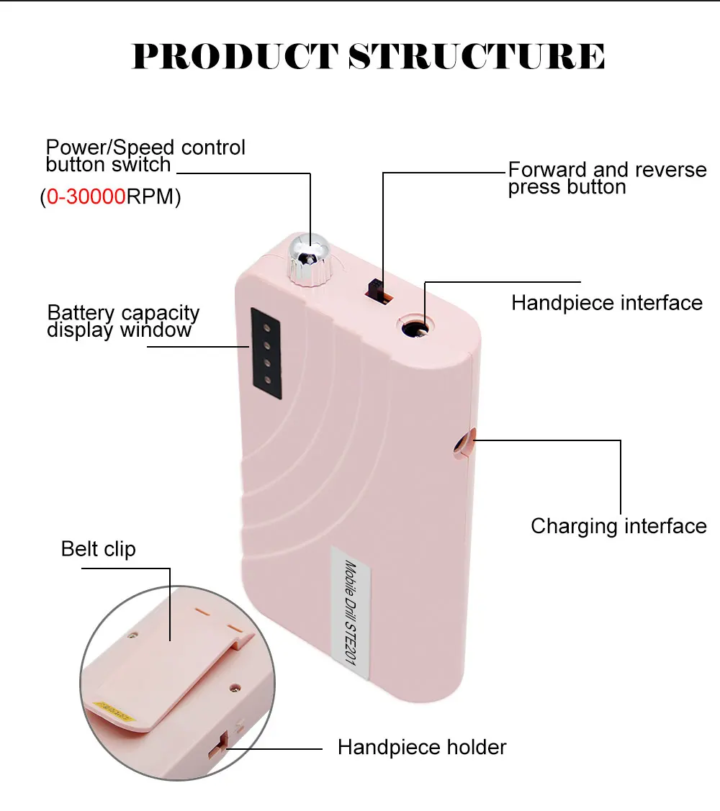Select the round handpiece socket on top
(417, 329)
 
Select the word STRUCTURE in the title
(477, 56)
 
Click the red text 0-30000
(86, 197)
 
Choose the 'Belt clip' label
(98, 549)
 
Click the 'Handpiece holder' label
(422, 747)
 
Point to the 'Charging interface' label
(618, 526)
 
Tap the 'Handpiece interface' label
(606, 303)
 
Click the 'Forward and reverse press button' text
(607, 178)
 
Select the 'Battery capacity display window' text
(123, 322)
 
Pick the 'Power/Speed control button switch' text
(145, 156)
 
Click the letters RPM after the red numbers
(153, 197)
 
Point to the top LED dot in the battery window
(265, 326)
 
